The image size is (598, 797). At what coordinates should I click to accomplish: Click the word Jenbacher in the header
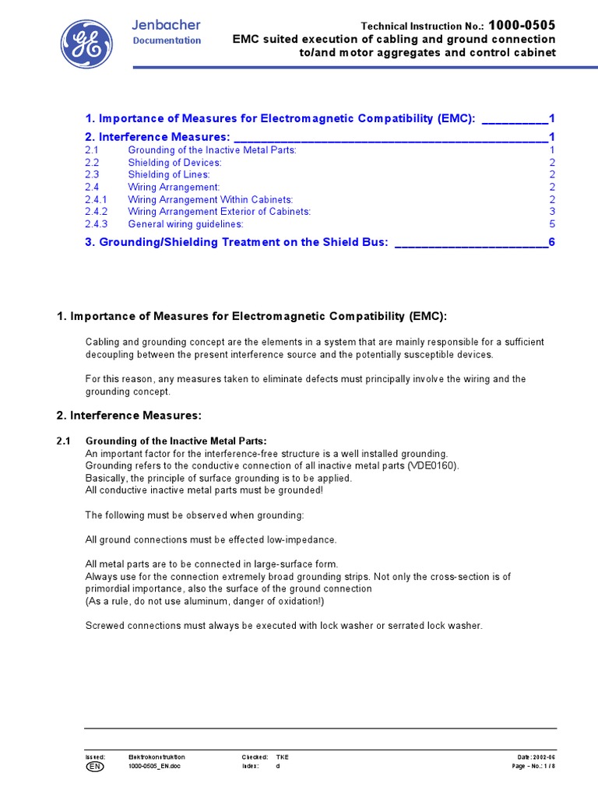point(166,25)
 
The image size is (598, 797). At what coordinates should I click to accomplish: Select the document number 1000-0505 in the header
point(522,26)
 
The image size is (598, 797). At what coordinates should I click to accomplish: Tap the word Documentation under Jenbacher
point(167,40)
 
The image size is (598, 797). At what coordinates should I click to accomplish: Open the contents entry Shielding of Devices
point(174,163)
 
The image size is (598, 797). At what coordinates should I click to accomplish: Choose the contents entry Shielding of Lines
point(169,175)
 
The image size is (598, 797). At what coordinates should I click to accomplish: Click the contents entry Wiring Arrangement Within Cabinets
point(210,199)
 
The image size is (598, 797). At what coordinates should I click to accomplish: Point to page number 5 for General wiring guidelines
point(552,224)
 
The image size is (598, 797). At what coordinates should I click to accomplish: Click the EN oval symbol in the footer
point(93,767)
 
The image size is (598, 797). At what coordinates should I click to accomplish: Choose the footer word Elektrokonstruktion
point(157,757)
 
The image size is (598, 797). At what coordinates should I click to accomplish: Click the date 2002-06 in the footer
point(544,757)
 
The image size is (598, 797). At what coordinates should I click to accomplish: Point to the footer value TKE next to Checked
point(282,757)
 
